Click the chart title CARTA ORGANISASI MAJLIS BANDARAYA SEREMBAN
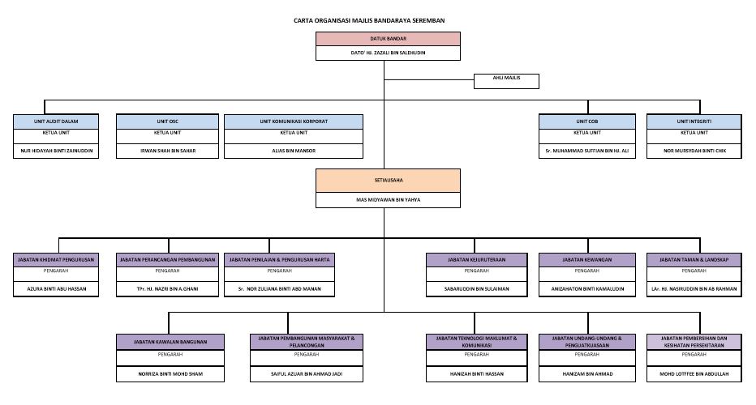pos(381,20)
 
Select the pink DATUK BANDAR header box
pos(388,39)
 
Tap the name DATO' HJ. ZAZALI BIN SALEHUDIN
pos(388,53)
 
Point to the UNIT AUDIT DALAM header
pos(57,122)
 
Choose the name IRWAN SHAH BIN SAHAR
pos(166,151)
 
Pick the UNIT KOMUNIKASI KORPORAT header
pos(294,122)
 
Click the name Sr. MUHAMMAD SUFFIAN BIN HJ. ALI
pos(587,151)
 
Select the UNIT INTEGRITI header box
pos(694,122)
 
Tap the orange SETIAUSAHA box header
pos(388,180)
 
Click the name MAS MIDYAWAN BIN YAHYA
pos(388,200)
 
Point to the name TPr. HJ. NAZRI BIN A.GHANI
pos(166,289)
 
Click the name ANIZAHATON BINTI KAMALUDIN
pos(587,289)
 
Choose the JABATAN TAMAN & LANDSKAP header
pos(694,260)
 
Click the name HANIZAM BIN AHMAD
pos(587,374)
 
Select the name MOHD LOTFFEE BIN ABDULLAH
pos(694,374)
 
